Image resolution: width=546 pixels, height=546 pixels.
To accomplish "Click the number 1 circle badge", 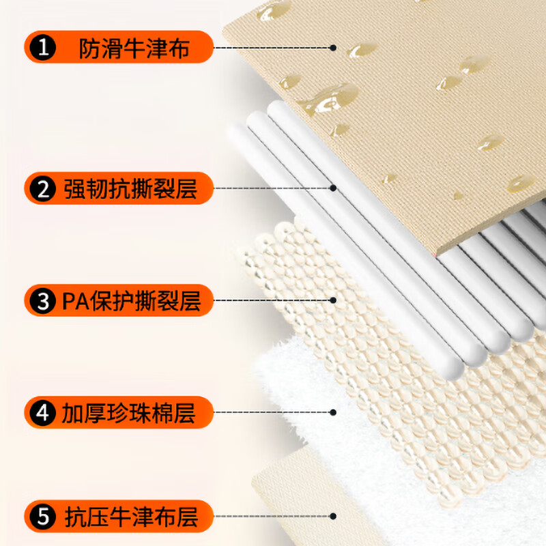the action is (43, 47).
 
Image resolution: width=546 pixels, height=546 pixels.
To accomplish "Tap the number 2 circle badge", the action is (43, 188).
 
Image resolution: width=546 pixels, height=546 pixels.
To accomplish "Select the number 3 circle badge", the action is (43, 300).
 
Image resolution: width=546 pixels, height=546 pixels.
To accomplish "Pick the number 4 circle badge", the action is (43, 413).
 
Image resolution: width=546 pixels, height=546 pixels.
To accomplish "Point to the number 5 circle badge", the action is (43, 517).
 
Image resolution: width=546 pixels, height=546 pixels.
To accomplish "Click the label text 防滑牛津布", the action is (134, 48).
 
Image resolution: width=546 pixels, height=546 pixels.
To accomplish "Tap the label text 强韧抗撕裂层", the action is (130, 189).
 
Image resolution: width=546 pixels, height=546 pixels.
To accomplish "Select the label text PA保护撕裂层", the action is (131, 301).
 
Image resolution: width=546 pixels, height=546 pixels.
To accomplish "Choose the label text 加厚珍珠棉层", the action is (128, 414).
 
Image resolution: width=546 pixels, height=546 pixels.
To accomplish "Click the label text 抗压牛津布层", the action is (131, 517).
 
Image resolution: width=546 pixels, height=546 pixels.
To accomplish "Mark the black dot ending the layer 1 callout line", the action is (333, 48).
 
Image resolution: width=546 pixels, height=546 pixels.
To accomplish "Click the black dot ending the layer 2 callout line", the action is (333, 188).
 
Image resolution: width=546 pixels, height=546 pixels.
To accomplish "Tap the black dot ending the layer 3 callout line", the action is (333, 300).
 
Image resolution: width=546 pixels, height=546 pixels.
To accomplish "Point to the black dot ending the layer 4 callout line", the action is (333, 412).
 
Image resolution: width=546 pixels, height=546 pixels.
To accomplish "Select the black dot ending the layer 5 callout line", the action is (333, 516).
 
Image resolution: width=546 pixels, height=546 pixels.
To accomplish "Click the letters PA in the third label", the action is (76, 301).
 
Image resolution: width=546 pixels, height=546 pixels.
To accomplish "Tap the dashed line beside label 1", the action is (272, 48).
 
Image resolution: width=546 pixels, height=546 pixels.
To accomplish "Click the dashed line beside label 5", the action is (272, 516).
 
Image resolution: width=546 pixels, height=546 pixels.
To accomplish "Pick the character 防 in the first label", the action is (90, 48).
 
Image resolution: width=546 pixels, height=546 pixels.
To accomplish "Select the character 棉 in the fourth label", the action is (162, 414).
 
